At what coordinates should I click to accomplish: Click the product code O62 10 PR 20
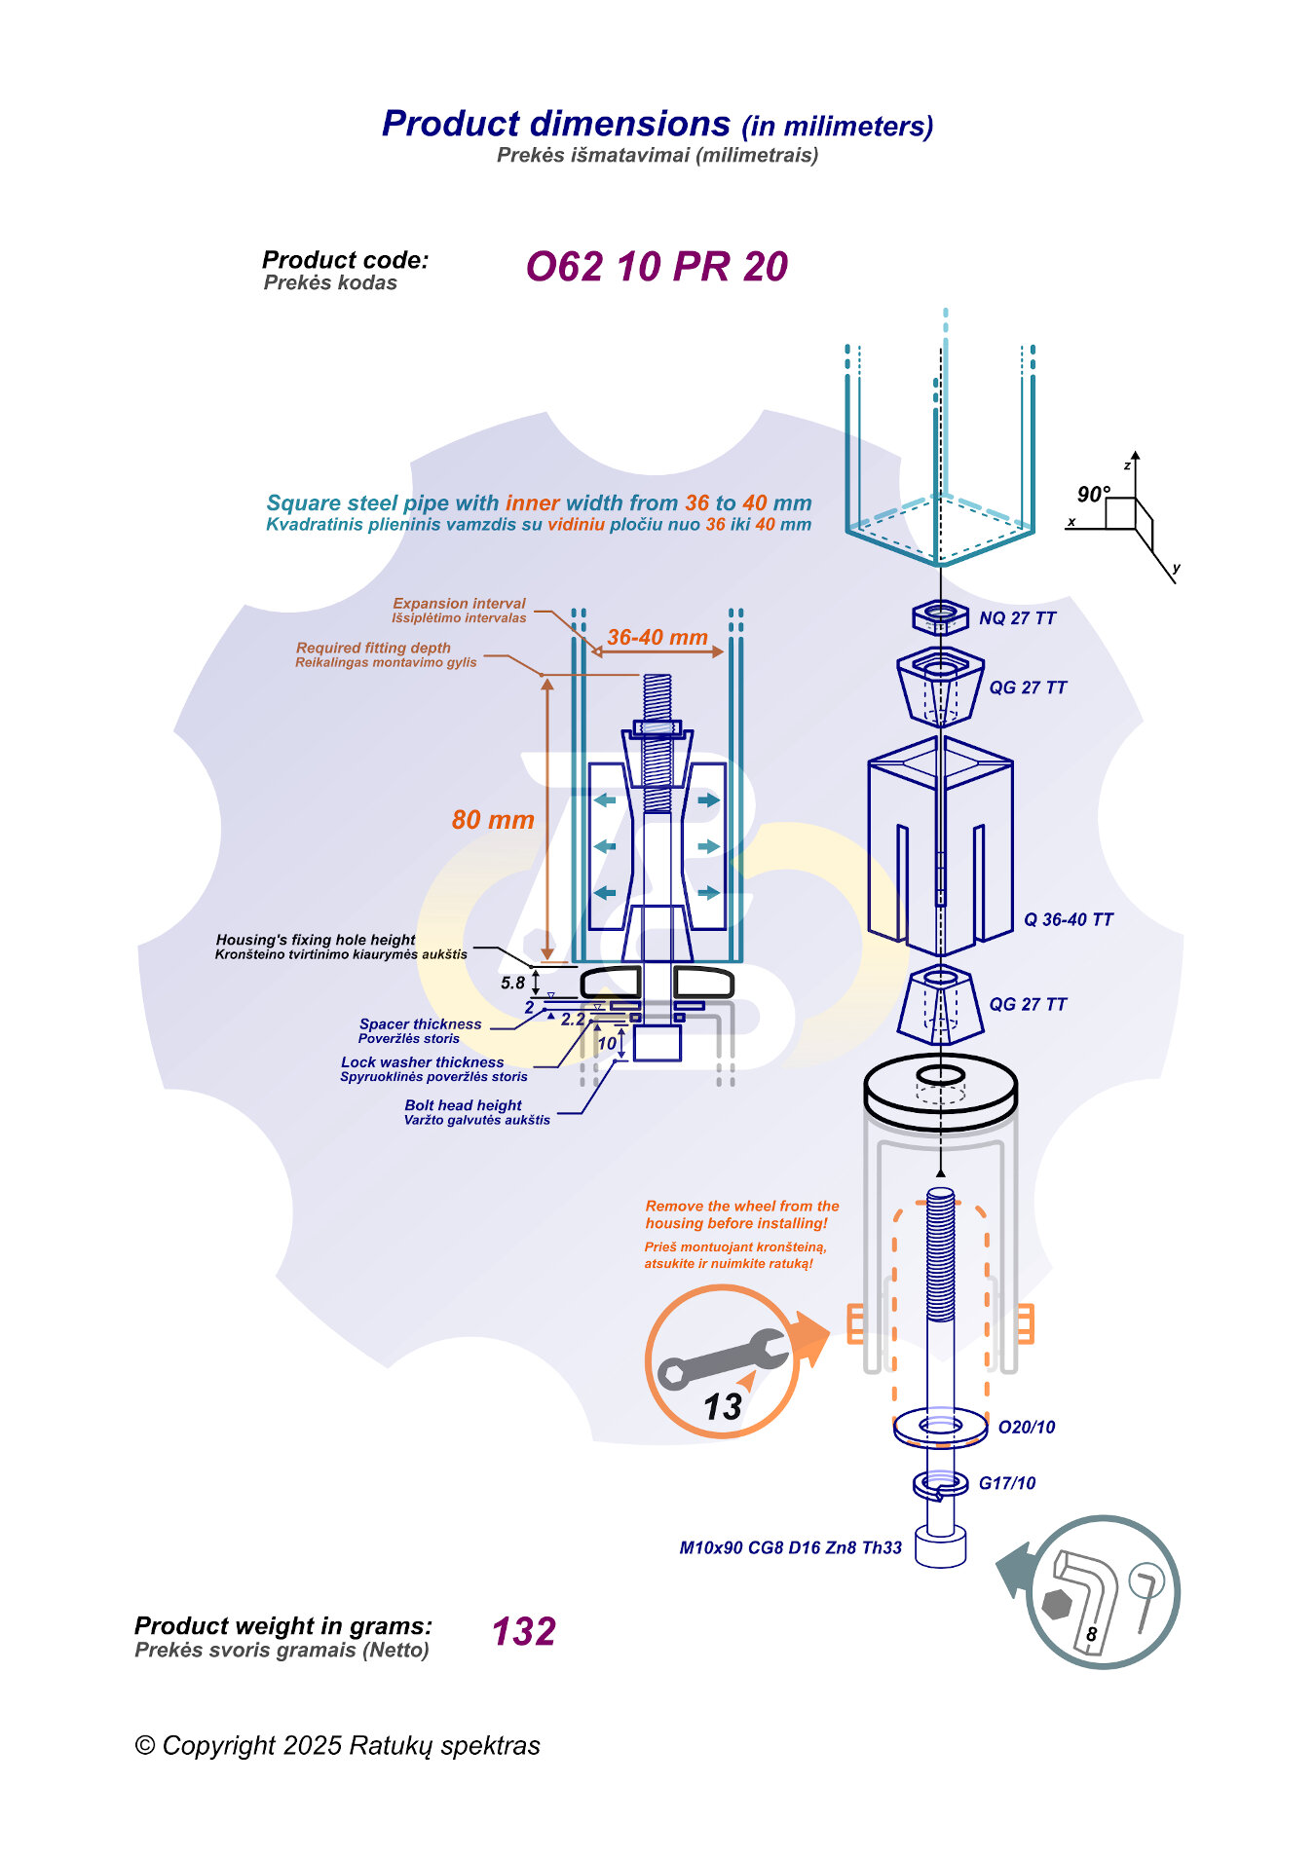[x=657, y=267]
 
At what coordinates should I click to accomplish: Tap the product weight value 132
[x=524, y=1632]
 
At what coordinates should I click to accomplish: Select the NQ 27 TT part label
[x=1017, y=618]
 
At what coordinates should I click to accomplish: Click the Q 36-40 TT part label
[x=1068, y=920]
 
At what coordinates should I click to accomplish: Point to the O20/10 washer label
[x=1027, y=1428]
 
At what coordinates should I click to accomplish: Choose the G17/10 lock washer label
[x=1007, y=1483]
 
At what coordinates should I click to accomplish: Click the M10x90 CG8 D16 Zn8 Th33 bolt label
[x=790, y=1548]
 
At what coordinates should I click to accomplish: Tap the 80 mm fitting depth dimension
[x=493, y=820]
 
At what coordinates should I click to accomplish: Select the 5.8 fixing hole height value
[x=513, y=984]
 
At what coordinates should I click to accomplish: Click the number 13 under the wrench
[x=723, y=1407]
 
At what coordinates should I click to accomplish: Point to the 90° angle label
[x=1093, y=495]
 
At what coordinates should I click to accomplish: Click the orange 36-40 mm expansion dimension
[x=657, y=638]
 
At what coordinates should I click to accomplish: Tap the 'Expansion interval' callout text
[x=459, y=604]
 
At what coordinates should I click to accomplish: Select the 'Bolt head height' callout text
[x=464, y=1105]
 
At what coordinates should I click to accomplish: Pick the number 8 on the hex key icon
[x=1092, y=1634]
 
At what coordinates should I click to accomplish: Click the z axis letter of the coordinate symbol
[x=1127, y=465]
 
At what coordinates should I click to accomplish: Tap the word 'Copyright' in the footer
[x=219, y=1746]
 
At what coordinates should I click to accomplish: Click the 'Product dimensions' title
[x=556, y=124]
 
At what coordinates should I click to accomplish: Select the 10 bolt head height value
[x=607, y=1044]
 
